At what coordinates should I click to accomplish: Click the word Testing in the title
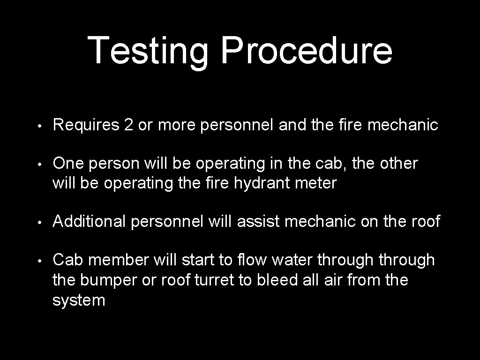(x=148, y=50)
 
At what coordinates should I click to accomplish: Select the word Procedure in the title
(x=307, y=50)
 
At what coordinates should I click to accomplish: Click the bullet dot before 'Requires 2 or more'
(x=42, y=126)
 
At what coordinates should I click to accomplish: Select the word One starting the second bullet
(x=67, y=164)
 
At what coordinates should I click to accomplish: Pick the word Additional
(x=90, y=221)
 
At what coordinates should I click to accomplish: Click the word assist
(x=259, y=221)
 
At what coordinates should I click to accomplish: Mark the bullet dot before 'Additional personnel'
(x=42, y=222)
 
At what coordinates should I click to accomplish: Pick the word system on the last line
(x=79, y=300)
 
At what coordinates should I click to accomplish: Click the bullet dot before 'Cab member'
(x=42, y=261)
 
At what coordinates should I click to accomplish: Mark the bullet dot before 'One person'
(x=42, y=165)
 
